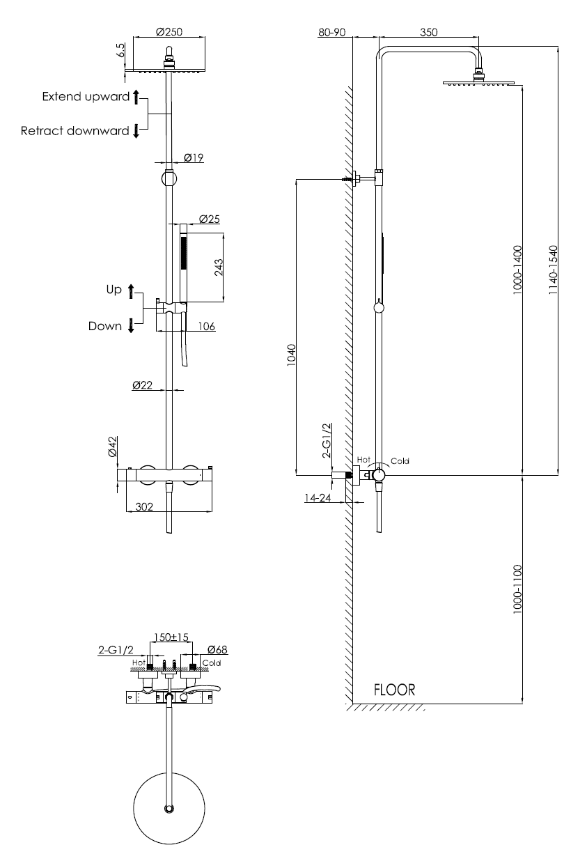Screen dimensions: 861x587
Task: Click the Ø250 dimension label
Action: (169, 32)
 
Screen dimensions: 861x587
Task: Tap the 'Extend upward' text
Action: (86, 97)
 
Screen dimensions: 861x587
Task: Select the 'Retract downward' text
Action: (75, 130)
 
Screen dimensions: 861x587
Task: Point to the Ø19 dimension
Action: (194, 158)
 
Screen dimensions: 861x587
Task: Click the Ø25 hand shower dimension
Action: (209, 219)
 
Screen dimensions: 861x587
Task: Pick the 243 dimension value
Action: (218, 269)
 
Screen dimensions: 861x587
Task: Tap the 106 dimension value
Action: (205, 325)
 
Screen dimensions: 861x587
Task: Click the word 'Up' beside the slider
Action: (114, 289)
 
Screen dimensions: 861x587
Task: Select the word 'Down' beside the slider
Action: (105, 325)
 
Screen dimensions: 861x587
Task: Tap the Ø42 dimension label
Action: (113, 447)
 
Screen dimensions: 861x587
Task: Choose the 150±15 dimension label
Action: (171, 637)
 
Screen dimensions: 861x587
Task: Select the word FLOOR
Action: (394, 690)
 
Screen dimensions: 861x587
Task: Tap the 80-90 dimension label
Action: (331, 32)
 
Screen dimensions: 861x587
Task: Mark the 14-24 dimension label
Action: (317, 497)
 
